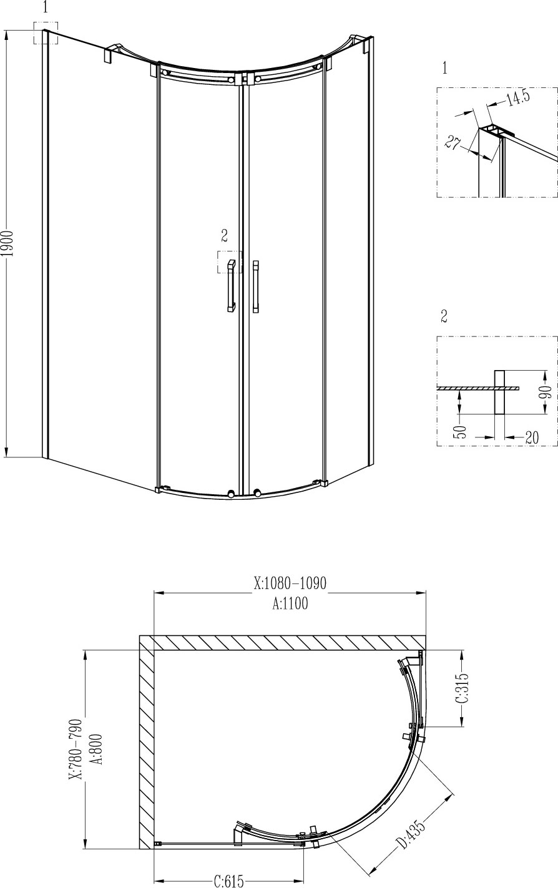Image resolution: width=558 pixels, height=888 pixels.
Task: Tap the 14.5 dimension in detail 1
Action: click(518, 98)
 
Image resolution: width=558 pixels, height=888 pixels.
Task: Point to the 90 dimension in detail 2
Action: click(547, 392)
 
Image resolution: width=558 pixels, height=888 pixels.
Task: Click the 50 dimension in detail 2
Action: click(461, 431)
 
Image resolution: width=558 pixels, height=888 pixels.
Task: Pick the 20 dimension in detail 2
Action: click(532, 437)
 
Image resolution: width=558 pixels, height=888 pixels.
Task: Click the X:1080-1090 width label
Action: click(290, 583)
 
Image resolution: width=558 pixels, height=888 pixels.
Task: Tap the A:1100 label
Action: click(290, 603)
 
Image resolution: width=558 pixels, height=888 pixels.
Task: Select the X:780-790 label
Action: click(76, 744)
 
